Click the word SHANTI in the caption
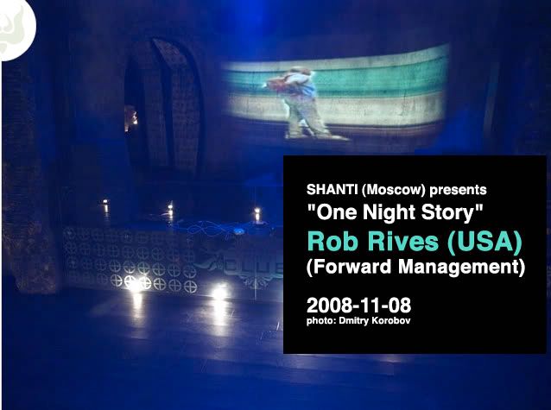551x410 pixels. click(x=332, y=190)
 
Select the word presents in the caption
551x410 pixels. click(x=459, y=191)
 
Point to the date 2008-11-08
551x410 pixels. click(x=358, y=306)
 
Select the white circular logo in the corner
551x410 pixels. click(x=17, y=28)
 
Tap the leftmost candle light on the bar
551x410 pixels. click(x=105, y=205)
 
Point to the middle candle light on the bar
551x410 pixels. click(x=170, y=210)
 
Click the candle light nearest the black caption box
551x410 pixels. click(x=257, y=213)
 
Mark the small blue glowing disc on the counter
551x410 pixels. click(x=238, y=231)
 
